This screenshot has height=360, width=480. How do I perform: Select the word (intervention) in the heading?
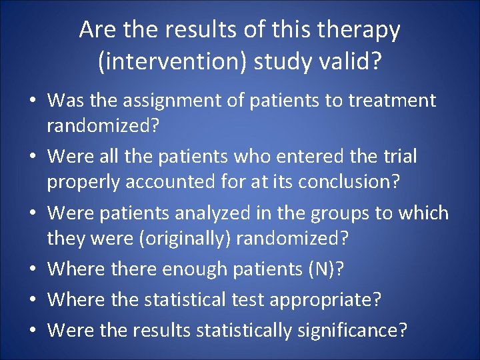(x=169, y=62)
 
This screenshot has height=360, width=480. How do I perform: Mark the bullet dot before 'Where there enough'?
(x=32, y=270)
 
